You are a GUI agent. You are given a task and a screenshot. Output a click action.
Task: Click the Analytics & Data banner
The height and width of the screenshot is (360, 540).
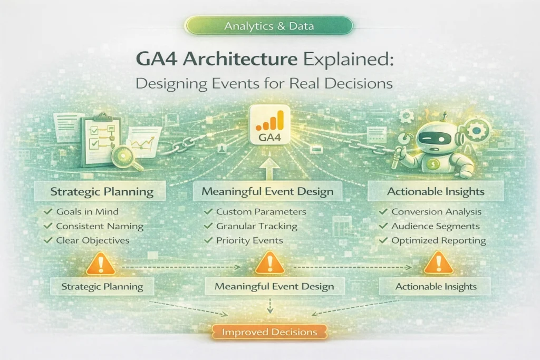click(x=269, y=26)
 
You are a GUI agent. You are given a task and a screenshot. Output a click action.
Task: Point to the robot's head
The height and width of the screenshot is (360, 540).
click(x=438, y=137)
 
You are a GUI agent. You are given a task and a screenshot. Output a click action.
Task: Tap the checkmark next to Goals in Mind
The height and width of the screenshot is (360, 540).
click(x=47, y=212)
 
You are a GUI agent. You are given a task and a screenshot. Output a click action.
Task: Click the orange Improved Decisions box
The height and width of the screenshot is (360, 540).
click(x=269, y=332)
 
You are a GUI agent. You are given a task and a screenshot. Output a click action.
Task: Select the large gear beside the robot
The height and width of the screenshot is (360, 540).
click(x=479, y=130)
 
